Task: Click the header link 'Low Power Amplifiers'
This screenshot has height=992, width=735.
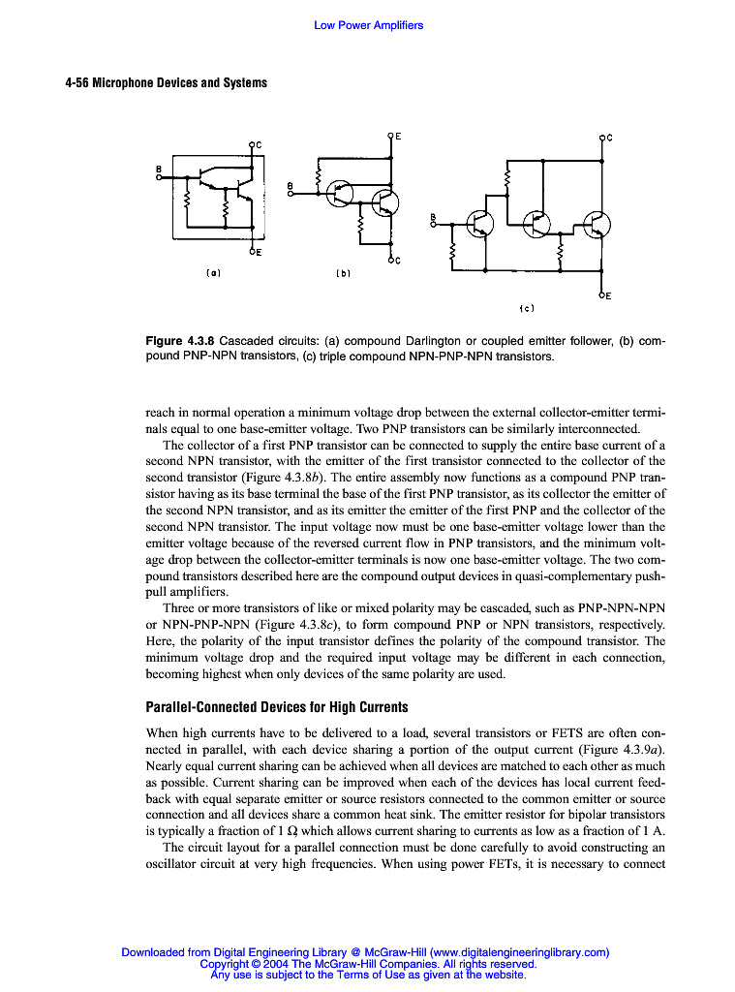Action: pyautogui.click(x=368, y=25)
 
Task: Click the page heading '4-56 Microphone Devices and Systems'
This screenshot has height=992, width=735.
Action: pyautogui.click(x=166, y=82)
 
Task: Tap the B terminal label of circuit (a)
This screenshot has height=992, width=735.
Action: pyautogui.click(x=159, y=168)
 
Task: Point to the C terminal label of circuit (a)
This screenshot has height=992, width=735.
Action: pyautogui.click(x=260, y=144)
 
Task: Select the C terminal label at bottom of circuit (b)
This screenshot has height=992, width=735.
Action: pyautogui.click(x=398, y=261)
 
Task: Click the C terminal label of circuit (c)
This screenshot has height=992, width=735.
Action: pyautogui.click(x=609, y=138)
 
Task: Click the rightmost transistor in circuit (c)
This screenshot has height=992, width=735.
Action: pyautogui.click(x=597, y=225)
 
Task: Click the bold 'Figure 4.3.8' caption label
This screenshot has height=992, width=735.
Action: pyautogui.click(x=180, y=342)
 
